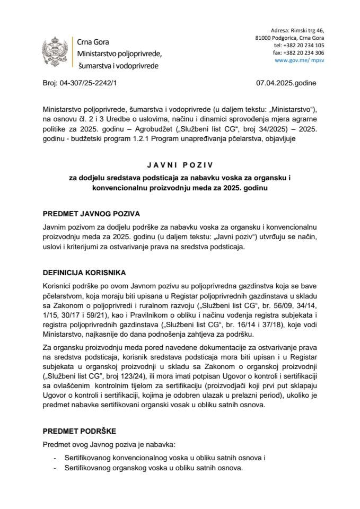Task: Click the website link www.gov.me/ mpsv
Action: (300, 60)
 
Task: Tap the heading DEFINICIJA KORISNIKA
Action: (84, 273)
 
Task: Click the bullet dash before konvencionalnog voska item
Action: (56, 458)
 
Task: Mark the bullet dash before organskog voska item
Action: (56, 468)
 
